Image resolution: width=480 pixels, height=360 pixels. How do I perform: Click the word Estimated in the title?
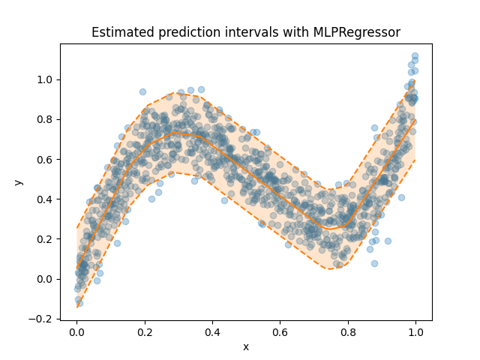119,32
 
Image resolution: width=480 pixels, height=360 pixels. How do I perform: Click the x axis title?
245,346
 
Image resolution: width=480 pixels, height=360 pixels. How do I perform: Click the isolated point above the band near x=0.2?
142,91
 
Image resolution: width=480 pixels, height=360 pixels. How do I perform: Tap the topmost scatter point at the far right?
415,56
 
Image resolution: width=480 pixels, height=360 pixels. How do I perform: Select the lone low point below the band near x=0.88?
374,263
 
